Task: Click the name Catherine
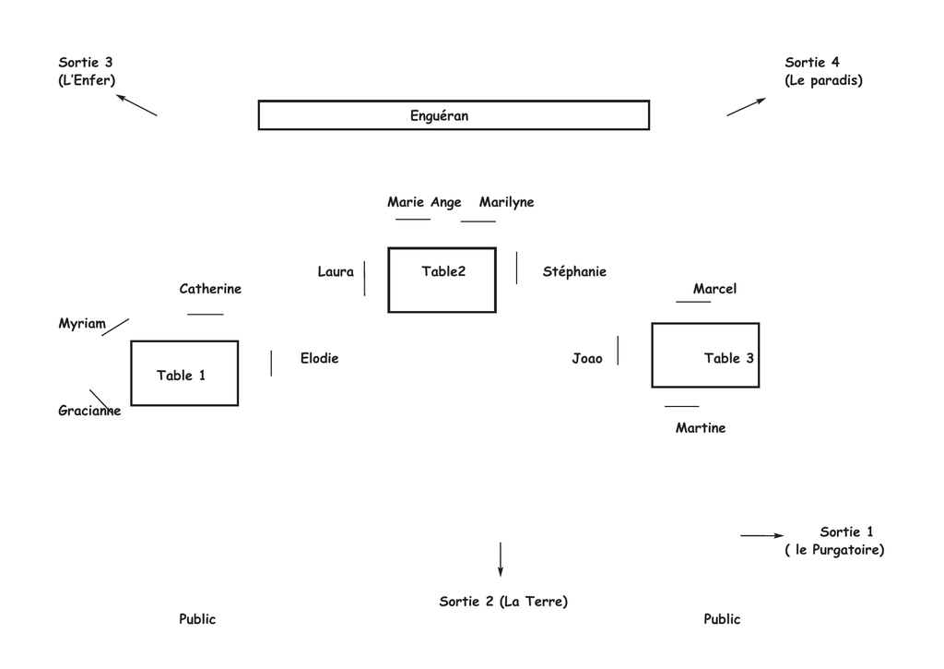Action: [x=210, y=289]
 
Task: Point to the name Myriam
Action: [x=82, y=324]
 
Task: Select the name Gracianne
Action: [x=89, y=411]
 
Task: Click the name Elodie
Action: [x=319, y=358]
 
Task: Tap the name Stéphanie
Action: [x=574, y=271]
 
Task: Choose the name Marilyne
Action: [x=506, y=202]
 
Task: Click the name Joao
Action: [x=587, y=359]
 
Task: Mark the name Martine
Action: [x=701, y=428]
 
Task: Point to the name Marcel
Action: [x=714, y=289]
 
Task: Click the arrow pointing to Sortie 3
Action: [x=136, y=105]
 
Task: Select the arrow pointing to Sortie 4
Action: [x=747, y=107]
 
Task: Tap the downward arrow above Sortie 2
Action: [x=501, y=559]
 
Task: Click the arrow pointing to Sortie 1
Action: [x=762, y=535]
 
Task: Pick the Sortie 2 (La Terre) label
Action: [x=503, y=602]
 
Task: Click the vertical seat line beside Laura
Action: [x=364, y=279]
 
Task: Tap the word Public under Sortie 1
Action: [x=722, y=619]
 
